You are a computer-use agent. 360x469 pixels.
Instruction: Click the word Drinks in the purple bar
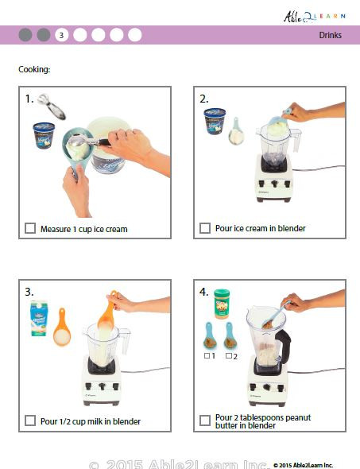[331, 35]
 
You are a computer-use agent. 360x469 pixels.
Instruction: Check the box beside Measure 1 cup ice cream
[30, 229]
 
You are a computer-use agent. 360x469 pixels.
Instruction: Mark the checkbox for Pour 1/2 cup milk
[30, 421]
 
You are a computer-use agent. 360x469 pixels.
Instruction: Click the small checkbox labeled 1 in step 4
[205, 355]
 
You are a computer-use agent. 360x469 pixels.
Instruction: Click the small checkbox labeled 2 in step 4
[227, 355]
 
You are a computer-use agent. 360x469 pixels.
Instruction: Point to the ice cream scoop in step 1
[52, 104]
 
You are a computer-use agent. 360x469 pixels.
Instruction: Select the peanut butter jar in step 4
[221, 304]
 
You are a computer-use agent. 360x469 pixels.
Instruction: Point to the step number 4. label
[204, 291]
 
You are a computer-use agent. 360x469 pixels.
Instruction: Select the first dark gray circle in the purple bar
[25, 35]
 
